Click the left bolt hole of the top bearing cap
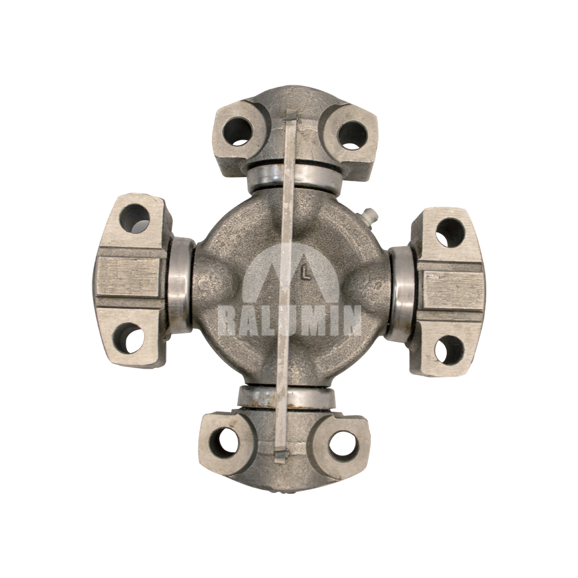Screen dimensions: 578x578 point(237,131)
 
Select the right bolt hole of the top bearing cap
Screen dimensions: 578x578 point(352,135)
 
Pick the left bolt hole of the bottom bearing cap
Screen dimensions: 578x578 point(224,442)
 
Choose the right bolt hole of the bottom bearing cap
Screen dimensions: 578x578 point(344,442)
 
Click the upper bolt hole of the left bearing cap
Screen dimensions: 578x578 point(134,218)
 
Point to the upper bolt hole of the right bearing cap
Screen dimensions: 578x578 point(451,233)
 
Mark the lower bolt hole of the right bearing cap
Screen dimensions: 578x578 point(448,350)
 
